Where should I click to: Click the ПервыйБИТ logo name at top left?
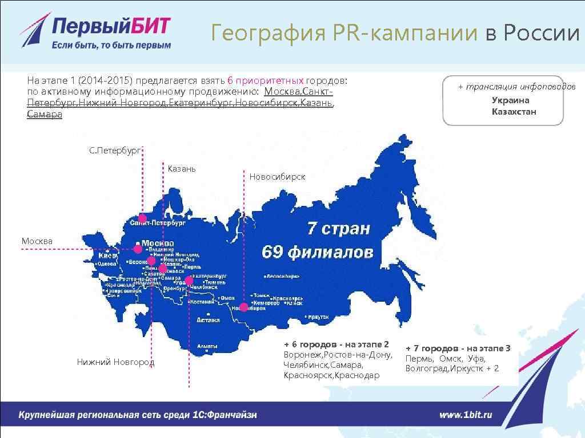coord(111,26)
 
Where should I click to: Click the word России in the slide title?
coord(542,34)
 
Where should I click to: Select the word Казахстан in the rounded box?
coord(514,111)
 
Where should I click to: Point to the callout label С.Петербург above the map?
coord(114,151)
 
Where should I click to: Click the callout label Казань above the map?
coord(182,169)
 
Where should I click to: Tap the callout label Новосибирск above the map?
coord(277,177)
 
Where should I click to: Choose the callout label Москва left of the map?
coord(37,241)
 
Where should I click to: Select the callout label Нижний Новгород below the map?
coord(115,362)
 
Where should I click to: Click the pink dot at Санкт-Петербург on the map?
coord(142,218)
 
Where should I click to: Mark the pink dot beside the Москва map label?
coord(138,249)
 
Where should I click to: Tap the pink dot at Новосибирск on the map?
coord(244,307)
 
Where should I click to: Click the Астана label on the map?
coord(209,320)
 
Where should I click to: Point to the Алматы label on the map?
coord(207,346)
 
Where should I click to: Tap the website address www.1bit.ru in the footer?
coord(466,415)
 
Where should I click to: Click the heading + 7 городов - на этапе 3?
coord(458,348)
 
